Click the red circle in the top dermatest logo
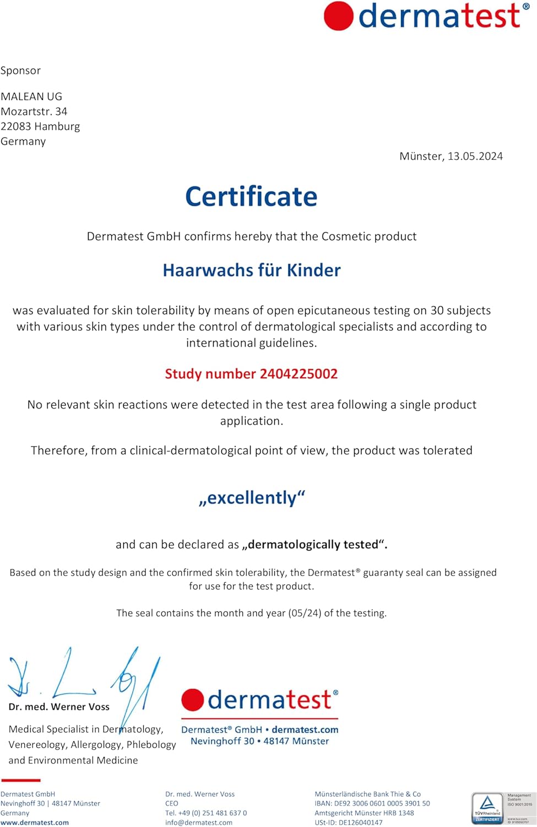(338, 16)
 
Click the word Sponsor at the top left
(20, 71)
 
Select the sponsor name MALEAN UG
(31, 96)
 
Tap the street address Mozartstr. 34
(34, 111)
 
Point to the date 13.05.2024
(475, 156)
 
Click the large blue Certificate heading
(251, 197)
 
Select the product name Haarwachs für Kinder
(252, 270)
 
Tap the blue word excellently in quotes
(252, 498)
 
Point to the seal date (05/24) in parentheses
(305, 613)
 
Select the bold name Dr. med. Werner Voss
(59, 707)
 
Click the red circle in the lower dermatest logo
(193, 700)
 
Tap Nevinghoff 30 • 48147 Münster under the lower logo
(259, 742)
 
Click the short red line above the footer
(21, 780)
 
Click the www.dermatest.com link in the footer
(35, 823)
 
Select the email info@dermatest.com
(199, 823)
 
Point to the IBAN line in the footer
(372, 803)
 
